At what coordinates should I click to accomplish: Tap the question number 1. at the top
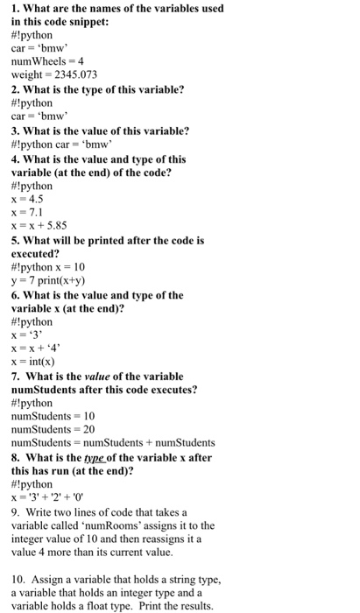pos(16,9)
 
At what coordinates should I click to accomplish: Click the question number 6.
pos(16,294)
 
